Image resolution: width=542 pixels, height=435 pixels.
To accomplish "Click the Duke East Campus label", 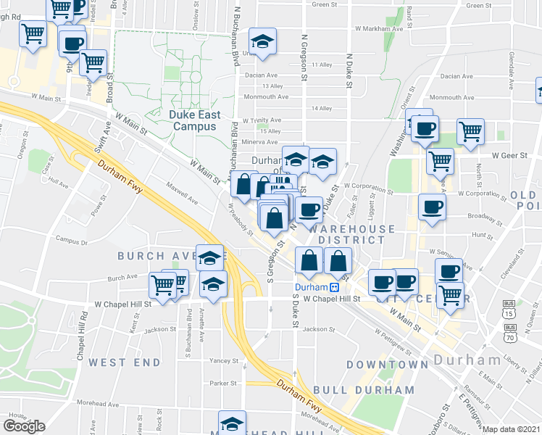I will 194,120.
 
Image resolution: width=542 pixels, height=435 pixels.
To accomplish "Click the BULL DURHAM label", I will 380,390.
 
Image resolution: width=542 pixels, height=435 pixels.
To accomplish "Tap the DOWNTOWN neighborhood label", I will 387,364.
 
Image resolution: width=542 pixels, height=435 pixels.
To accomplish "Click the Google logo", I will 24,426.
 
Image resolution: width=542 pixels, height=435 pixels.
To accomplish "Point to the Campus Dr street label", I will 71,241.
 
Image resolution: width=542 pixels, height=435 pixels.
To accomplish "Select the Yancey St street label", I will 223,360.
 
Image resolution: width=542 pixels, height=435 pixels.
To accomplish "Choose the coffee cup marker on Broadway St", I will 432,207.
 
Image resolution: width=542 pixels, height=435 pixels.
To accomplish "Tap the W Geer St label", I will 506,155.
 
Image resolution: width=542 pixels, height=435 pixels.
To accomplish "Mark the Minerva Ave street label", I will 260,142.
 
